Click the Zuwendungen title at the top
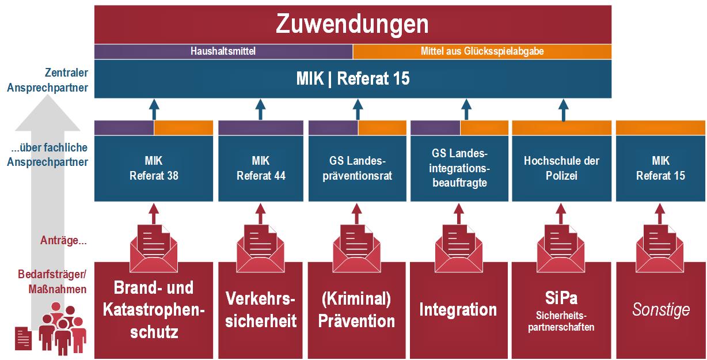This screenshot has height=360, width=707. pyautogui.click(x=352, y=24)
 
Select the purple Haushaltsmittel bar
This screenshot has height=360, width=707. pyautogui.click(x=223, y=51)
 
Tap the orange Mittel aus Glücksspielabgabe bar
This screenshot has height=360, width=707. pyautogui.click(x=482, y=51)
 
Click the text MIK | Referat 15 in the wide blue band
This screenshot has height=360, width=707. pyautogui.click(x=352, y=79)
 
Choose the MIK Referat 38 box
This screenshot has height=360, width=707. pyautogui.click(x=153, y=168)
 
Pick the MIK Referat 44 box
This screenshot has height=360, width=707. pyautogui.click(x=260, y=168)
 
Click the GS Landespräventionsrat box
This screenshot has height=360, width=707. pyautogui.click(x=357, y=168)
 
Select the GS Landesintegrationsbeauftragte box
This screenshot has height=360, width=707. pyautogui.click(x=459, y=168)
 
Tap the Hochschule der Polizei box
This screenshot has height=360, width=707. pyautogui.click(x=561, y=168)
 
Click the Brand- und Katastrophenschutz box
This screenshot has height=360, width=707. pyautogui.click(x=153, y=310)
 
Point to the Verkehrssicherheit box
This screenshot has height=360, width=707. pyautogui.click(x=260, y=310)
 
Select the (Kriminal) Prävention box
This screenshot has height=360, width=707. pyautogui.click(x=357, y=310)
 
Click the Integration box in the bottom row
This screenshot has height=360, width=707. pyautogui.click(x=458, y=310)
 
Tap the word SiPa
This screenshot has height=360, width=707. pyautogui.click(x=561, y=299)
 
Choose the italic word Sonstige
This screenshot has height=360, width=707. pyautogui.click(x=661, y=310)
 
